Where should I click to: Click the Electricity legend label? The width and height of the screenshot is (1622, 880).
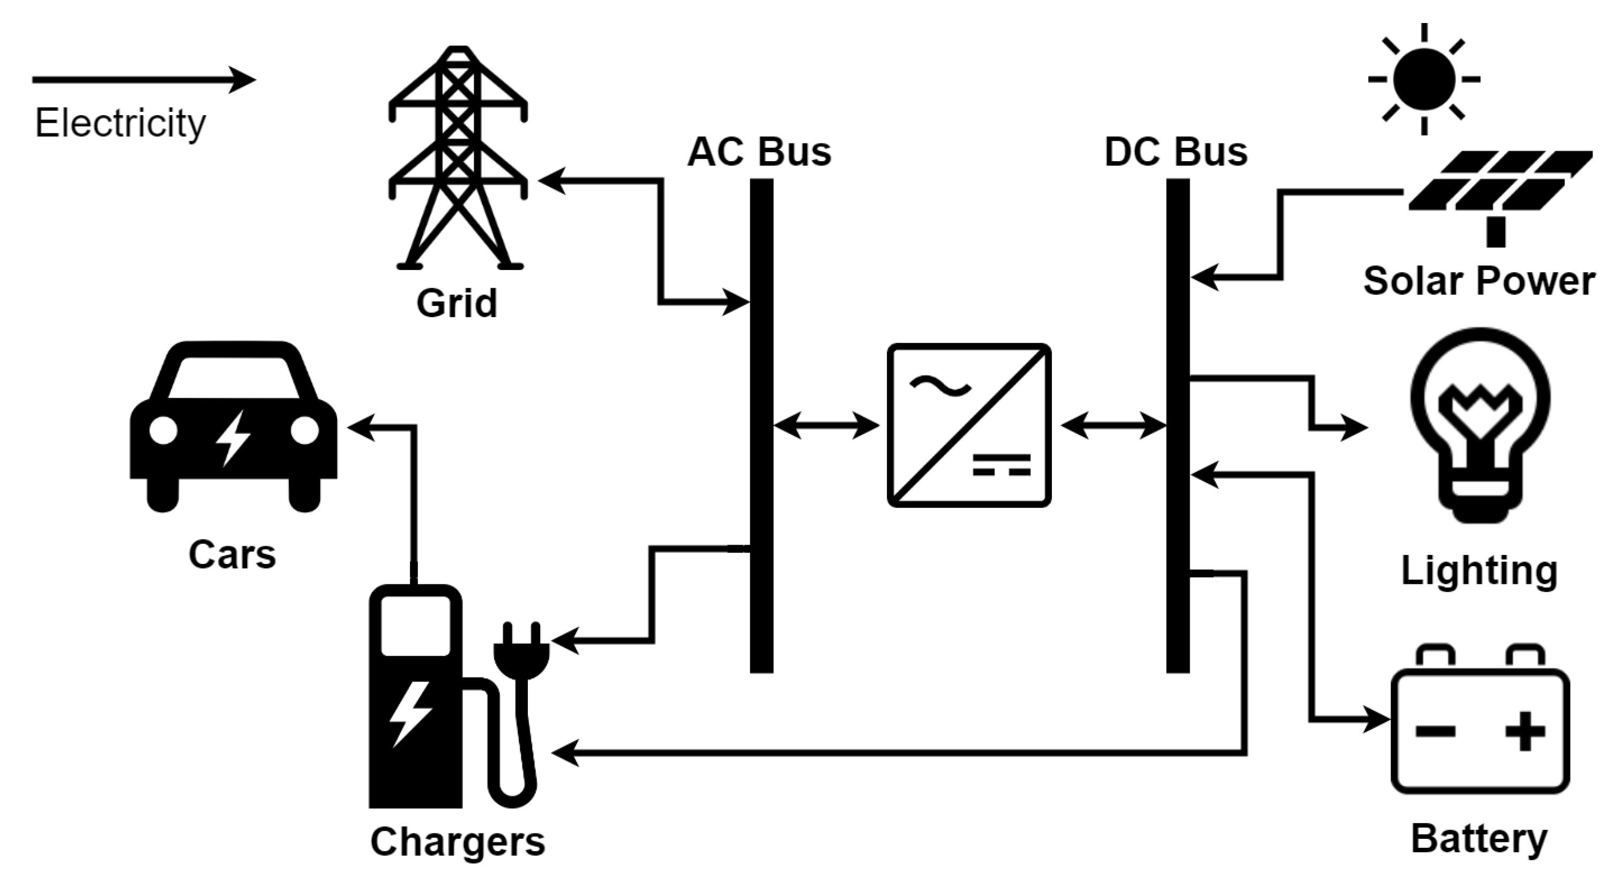click(119, 123)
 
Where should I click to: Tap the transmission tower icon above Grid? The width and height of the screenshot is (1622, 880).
click(458, 157)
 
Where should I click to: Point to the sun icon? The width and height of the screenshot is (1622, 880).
click(1424, 79)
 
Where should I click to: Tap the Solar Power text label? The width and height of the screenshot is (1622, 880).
click(1478, 281)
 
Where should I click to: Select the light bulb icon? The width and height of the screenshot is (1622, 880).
click(1479, 422)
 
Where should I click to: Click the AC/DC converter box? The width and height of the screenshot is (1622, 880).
click(969, 425)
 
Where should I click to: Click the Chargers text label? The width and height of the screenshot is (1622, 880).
click(457, 841)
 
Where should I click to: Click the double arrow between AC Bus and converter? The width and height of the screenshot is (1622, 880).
click(826, 426)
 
